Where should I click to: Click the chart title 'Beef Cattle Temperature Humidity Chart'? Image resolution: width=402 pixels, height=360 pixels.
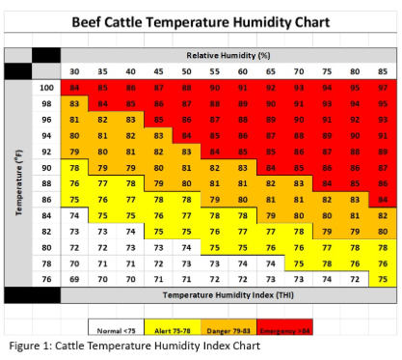[x=200, y=21]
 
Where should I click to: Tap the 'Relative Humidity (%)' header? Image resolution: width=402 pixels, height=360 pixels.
[x=228, y=56]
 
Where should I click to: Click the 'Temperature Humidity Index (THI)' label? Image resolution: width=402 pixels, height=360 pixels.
[x=228, y=292]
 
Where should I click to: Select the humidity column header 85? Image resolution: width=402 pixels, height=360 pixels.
[x=383, y=71]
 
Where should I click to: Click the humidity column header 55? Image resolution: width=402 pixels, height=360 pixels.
[x=215, y=71]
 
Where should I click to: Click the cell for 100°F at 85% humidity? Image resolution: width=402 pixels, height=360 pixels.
[x=383, y=87]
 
